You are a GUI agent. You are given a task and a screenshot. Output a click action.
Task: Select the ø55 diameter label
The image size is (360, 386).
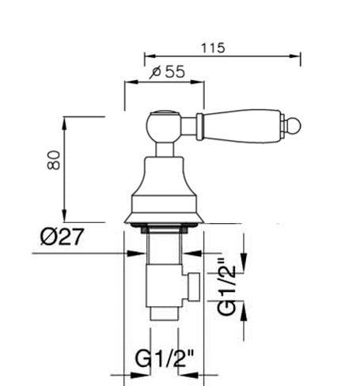(166, 72)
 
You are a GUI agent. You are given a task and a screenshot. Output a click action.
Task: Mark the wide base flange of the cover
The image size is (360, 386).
(165, 214)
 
